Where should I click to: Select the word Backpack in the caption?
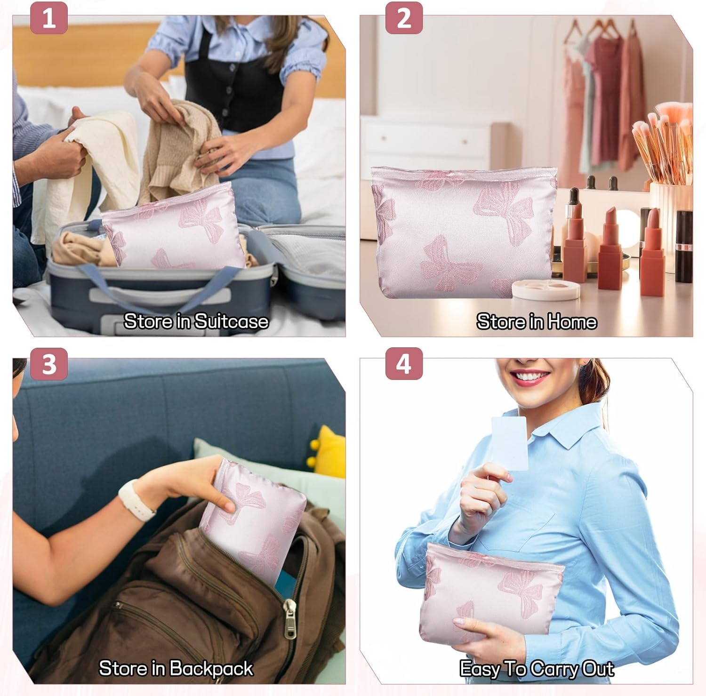[211, 669]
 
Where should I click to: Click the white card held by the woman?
[510, 443]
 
